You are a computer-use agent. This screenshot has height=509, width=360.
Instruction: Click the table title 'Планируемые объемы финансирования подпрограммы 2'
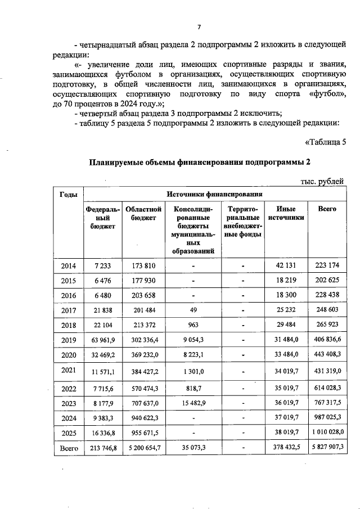(x=200, y=163)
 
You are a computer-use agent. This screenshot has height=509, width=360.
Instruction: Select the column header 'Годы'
(x=68, y=195)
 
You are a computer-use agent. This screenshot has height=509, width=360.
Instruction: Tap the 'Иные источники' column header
(x=286, y=213)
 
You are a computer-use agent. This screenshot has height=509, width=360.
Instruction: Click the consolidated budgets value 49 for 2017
(x=193, y=310)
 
